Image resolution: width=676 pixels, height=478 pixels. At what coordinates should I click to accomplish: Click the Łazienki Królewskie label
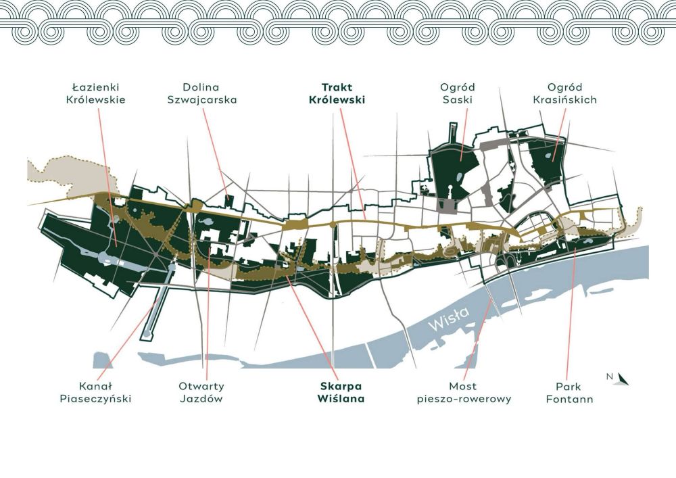pyautogui.click(x=96, y=93)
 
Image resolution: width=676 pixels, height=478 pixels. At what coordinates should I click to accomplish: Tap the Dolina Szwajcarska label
pyautogui.click(x=201, y=93)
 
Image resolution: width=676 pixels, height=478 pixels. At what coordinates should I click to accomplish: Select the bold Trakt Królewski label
pyautogui.click(x=337, y=93)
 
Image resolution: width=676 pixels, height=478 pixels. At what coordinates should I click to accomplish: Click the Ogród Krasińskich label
pyautogui.click(x=564, y=93)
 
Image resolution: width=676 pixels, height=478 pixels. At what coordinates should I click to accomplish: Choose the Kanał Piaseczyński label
pyautogui.click(x=95, y=393)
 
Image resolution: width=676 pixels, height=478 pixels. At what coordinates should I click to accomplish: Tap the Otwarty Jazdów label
pyautogui.click(x=201, y=393)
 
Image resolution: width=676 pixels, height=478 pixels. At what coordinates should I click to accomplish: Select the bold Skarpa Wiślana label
pyautogui.click(x=341, y=393)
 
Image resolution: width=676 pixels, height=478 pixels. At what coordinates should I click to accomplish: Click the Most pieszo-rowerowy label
pyautogui.click(x=464, y=393)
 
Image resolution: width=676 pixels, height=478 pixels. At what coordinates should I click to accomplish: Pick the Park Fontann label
pyautogui.click(x=569, y=393)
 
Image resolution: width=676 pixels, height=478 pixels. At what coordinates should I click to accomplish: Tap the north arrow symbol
pyautogui.click(x=623, y=379)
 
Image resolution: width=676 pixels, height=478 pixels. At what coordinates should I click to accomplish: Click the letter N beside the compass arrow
pyautogui.click(x=610, y=377)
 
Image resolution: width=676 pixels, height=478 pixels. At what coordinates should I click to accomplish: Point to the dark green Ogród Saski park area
pyautogui.click(x=455, y=170)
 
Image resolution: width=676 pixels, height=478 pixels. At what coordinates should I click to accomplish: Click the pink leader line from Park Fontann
pyautogui.click(x=571, y=314)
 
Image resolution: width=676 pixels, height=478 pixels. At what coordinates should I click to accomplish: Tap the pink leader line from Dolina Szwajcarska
pyautogui.click(x=215, y=151)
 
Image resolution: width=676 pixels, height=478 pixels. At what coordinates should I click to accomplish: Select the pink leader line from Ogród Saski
pyautogui.click(x=464, y=135)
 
